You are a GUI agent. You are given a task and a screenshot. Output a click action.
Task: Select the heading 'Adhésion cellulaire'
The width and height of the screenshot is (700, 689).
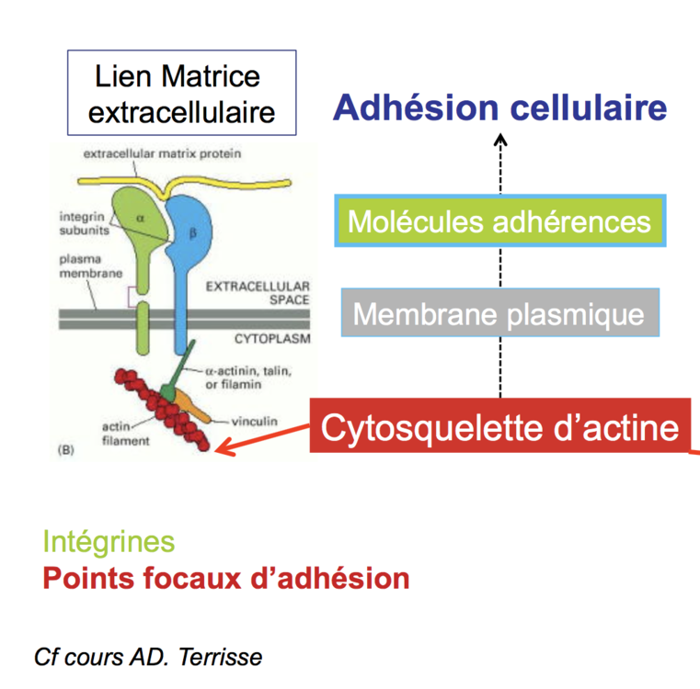pos(499,107)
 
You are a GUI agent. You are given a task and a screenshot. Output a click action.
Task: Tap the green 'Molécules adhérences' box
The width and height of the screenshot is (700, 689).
pos(499,221)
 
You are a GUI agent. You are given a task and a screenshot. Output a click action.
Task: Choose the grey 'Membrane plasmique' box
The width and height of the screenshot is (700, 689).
pos(499,313)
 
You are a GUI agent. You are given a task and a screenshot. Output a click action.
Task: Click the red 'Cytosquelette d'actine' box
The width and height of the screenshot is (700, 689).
pos(499,426)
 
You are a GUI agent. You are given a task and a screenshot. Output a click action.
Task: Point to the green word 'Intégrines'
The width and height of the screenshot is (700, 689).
pos(109,541)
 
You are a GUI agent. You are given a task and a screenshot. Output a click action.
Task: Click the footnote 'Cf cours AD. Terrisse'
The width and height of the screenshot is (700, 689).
pos(147,657)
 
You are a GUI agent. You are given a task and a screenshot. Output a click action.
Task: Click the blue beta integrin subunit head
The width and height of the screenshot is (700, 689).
pos(198,225)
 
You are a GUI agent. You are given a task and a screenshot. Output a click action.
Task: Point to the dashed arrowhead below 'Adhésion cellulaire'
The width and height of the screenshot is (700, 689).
pos(500,140)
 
